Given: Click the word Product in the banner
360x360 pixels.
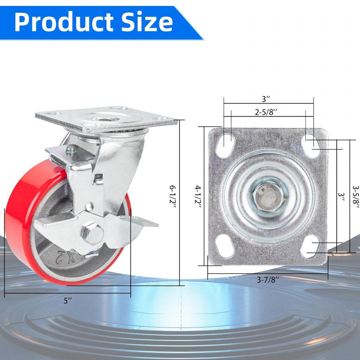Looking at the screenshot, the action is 64,21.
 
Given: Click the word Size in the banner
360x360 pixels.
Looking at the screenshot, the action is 147,21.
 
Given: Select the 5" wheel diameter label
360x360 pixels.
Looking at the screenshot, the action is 67,301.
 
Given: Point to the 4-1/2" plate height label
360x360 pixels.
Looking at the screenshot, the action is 198,197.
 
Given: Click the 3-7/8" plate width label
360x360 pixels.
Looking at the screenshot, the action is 268,280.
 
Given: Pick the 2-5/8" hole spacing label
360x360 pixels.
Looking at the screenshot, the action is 266,112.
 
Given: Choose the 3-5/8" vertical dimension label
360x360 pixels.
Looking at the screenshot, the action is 356,197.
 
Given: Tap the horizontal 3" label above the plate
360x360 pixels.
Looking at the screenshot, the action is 266,99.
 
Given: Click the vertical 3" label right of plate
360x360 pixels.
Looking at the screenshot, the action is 341,197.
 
